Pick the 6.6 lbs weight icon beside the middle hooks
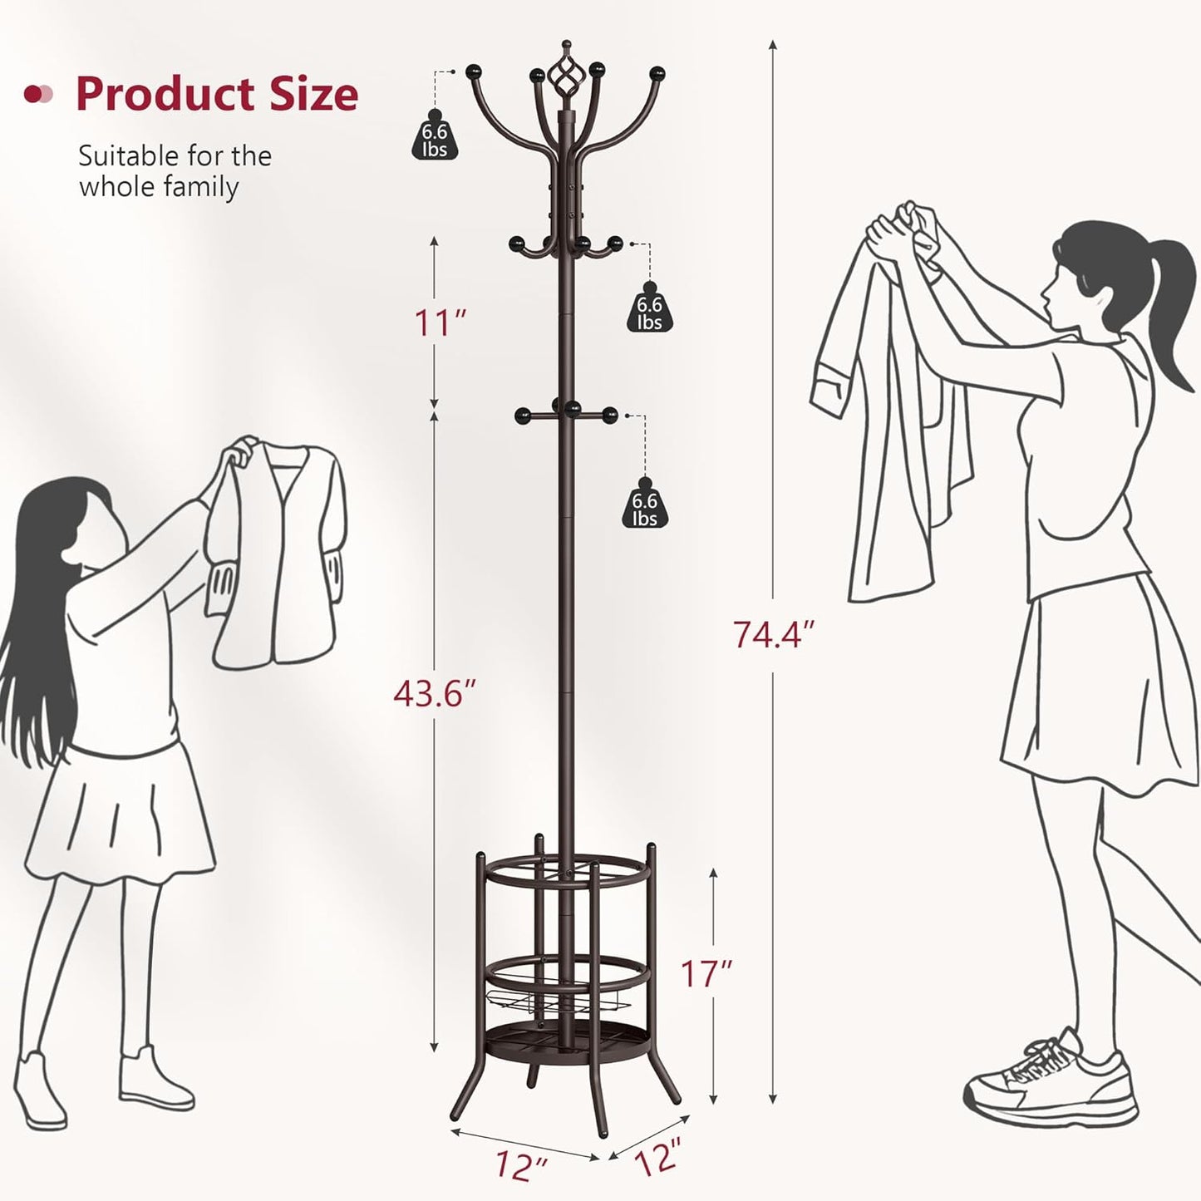point(649,313)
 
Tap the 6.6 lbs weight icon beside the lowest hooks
point(644,508)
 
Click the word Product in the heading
point(164,94)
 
